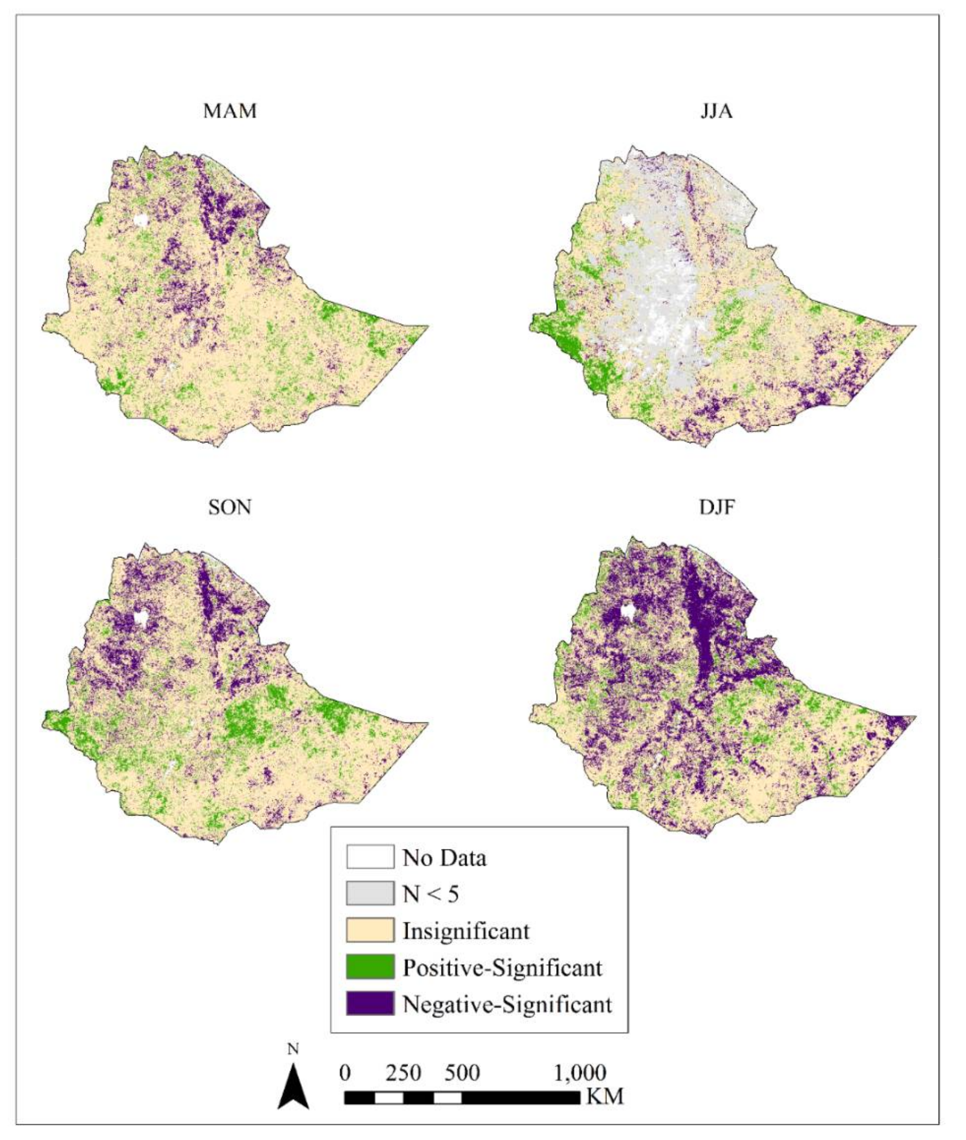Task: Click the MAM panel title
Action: [230, 111]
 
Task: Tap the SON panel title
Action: [230, 507]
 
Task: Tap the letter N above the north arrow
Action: [294, 1049]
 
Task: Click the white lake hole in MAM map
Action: [141, 221]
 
